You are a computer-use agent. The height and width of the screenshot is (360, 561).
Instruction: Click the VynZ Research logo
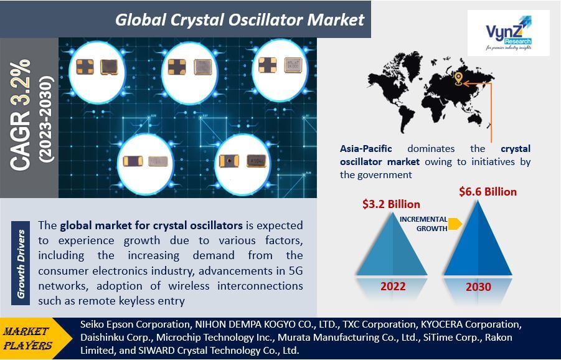click(509, 33)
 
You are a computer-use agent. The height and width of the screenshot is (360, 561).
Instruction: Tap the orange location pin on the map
click(458, 78)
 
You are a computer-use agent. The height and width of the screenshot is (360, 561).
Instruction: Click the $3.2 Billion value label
click(391, 204)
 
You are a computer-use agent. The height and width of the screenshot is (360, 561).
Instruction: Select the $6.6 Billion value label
click(488, 192)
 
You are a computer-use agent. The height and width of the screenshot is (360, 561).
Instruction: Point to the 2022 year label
click(393, 287)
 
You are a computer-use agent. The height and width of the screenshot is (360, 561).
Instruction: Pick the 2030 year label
click(478, 287)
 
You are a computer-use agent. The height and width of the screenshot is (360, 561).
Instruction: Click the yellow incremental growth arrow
click(455, 224)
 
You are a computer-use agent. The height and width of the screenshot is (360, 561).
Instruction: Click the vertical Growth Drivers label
click(21, 263)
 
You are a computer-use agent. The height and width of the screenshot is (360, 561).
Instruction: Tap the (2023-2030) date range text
click(47, 119)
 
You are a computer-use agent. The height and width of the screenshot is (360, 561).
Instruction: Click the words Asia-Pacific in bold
click(366, 148)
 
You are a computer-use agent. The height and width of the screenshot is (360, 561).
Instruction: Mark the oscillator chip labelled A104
click(256, 161)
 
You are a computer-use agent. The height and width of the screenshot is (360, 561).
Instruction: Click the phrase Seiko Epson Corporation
click(135, 324)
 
